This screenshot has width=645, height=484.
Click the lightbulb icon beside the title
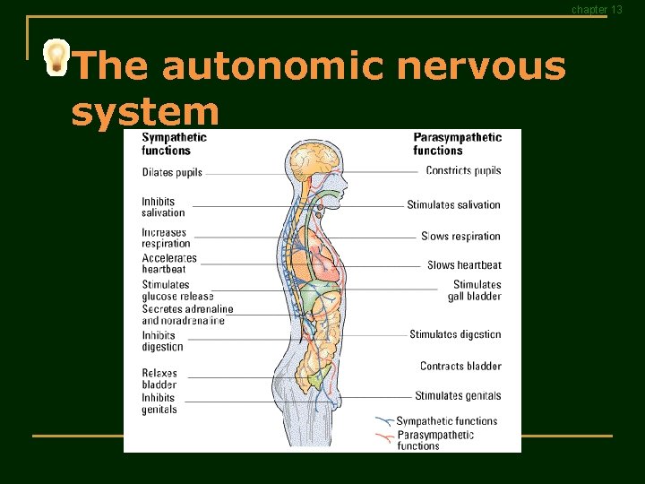56,57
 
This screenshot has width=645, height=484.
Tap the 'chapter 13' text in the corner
597,10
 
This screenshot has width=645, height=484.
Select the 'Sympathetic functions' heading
174,143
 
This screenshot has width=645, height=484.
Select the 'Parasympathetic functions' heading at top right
457,143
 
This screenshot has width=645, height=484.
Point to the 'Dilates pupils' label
172,172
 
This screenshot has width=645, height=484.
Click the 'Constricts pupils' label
463,170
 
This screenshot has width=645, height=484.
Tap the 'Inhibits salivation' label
163,207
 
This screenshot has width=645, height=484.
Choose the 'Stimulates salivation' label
453,204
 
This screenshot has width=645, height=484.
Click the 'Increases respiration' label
166,238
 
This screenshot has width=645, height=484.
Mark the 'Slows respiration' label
460,237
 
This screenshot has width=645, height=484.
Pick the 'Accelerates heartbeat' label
168,264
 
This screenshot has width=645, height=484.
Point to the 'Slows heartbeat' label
464,265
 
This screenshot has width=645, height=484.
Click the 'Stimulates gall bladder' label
477,290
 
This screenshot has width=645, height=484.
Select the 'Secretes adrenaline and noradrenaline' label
186,315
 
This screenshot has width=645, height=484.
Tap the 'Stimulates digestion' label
455,334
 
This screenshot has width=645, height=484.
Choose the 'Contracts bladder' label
460,366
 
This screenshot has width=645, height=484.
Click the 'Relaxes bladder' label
159,379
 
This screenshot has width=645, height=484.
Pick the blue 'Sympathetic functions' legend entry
446,421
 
